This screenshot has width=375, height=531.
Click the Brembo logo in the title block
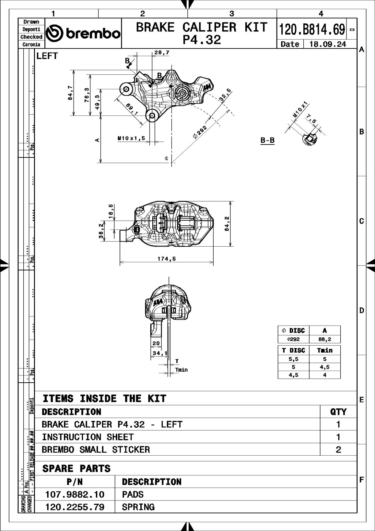[x=83, y=33]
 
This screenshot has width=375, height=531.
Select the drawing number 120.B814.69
[x=312, y=30]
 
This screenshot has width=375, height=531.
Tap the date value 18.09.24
[x=328, y=44]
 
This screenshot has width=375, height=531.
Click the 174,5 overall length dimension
[x=167, y=259]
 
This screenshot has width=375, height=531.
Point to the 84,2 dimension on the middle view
[x=227, y=224]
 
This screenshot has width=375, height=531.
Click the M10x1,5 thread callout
[x=131, y=138]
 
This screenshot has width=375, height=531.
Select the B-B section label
[x=267, y=140]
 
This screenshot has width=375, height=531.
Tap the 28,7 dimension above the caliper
[x=162, y=52]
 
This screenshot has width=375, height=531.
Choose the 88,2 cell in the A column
[x=324, y=339]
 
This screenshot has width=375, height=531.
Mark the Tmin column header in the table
[x=324, y=350]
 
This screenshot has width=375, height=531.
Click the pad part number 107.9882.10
[x=75, y=494]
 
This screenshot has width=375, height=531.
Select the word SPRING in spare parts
[x=138, y=507]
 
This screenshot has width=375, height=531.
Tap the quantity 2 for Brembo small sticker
[x=338, y=450]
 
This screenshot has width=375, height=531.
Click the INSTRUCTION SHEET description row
[x=88, y=437]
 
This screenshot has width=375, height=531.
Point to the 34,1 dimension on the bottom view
[x=160, y=353]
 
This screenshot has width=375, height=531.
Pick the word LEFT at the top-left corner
[x=47, y=56]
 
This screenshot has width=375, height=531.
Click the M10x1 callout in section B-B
[x=300, y=110]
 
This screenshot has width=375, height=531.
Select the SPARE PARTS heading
[x=76, y=468]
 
